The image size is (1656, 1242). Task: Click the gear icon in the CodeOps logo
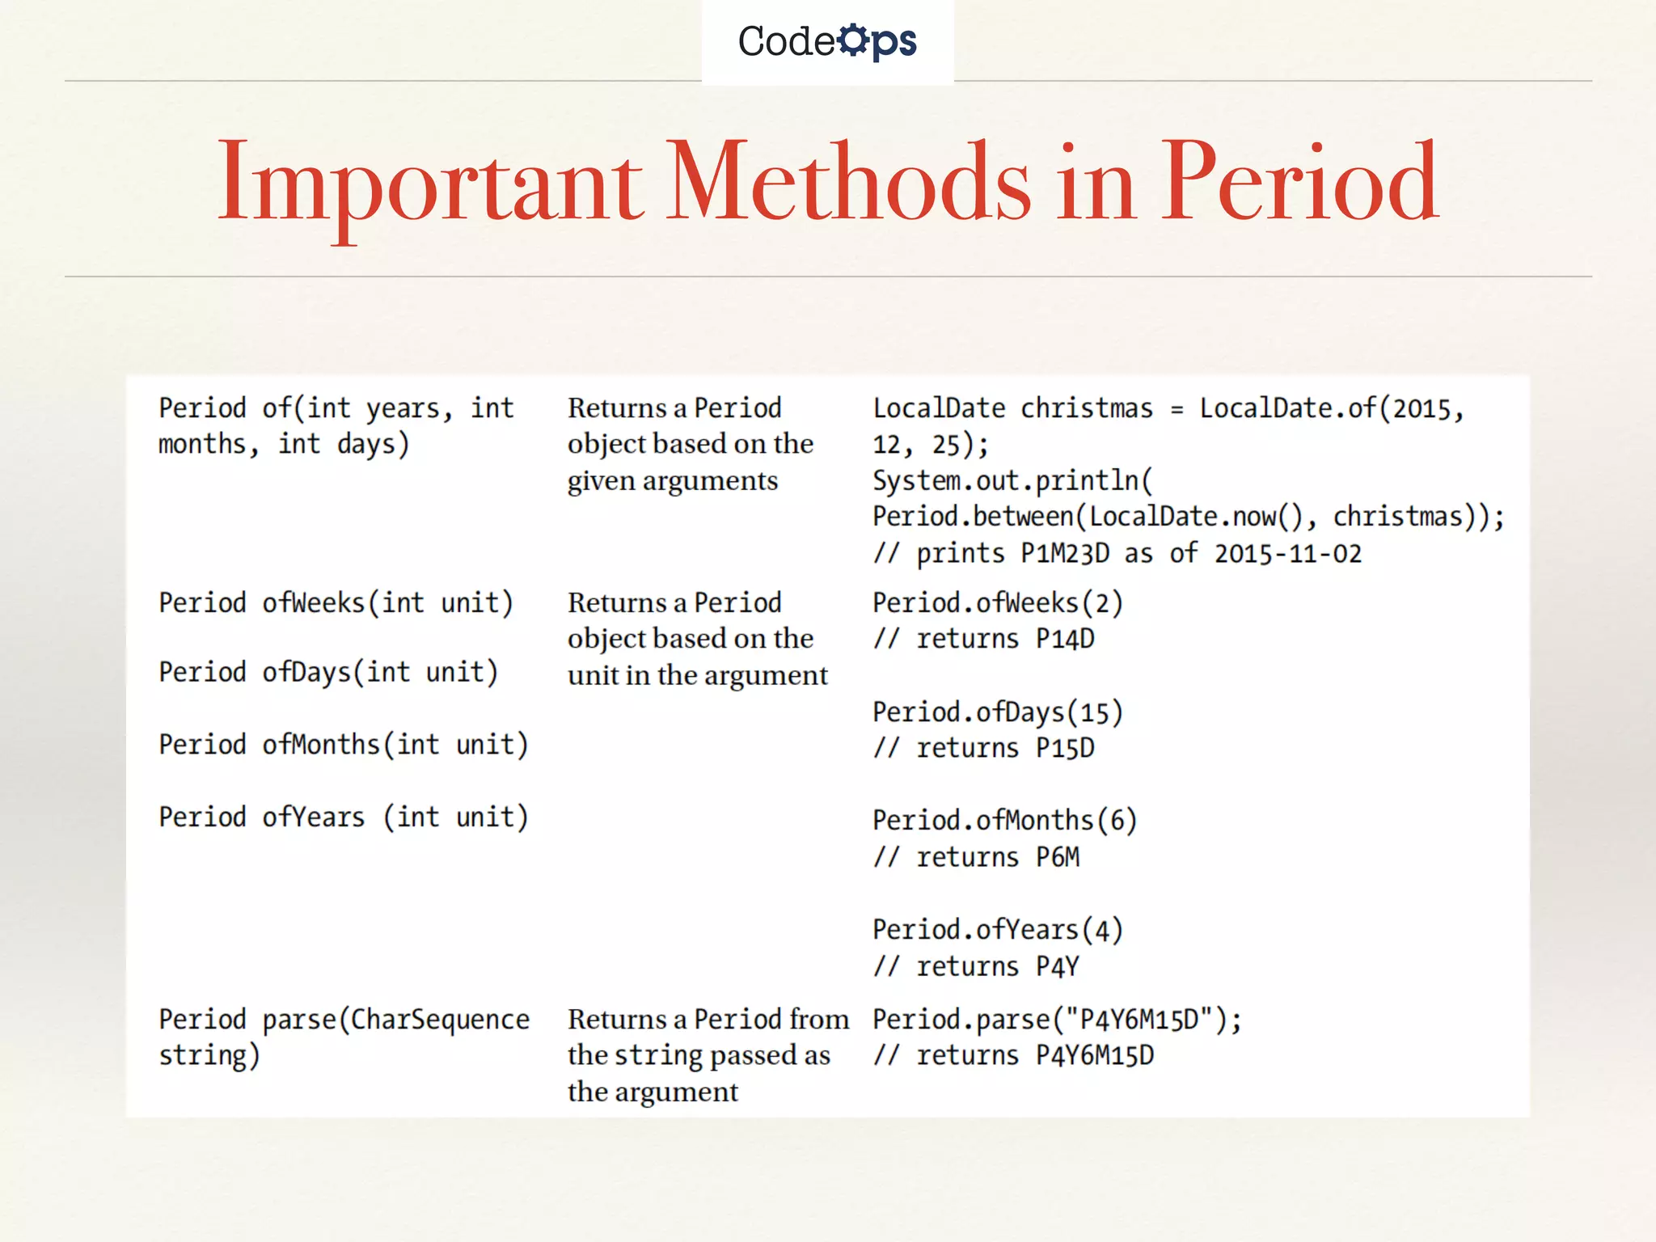(853, 40)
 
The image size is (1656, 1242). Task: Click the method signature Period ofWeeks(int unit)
(336, 603)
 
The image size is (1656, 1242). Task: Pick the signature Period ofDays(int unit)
(328, 673)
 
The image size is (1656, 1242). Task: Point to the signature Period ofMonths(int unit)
(343, 745)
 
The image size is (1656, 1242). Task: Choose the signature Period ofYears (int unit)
(343, 817)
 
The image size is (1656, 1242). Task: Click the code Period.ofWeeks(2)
(998, 603)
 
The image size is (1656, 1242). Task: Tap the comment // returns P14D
(983, 640)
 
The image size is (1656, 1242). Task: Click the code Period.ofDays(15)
(998, 712)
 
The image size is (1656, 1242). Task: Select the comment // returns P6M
(976, 857)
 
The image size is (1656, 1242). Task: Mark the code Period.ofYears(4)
(998, 930)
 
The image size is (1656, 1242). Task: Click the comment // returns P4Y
(976, 967)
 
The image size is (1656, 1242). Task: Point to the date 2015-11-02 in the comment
(1287, 554)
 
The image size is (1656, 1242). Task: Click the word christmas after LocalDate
(1086, 408)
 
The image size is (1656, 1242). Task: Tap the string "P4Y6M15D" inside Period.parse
(1139, 1020)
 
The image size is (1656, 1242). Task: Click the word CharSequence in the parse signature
(440, 1020)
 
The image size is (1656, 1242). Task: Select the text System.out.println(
(1012, 481)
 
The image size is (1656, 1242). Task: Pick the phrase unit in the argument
(697, 675)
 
